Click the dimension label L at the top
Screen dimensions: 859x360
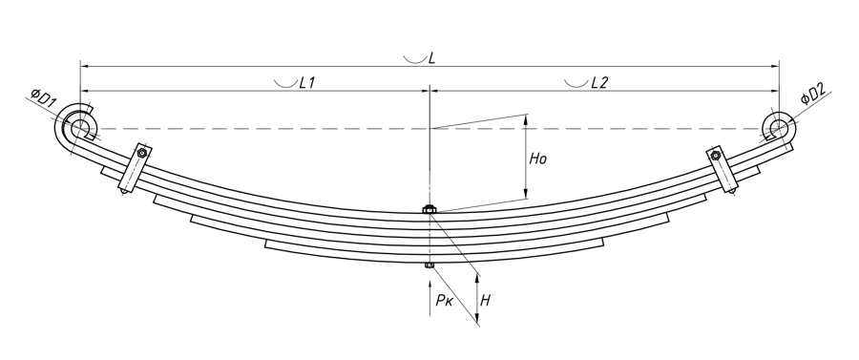point(431,57)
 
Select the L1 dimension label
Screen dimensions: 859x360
point(306,83)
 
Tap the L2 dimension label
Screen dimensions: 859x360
point(599,83)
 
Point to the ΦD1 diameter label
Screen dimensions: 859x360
point(43,98)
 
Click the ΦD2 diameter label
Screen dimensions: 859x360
point(813,92)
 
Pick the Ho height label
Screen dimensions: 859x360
point(538,159)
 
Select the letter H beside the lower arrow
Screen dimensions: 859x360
point(485,300)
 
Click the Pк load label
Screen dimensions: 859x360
point(444,300)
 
